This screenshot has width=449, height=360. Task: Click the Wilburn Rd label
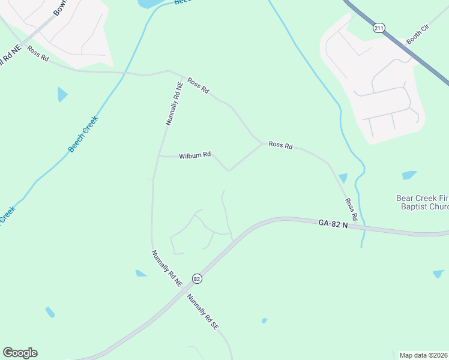coord(194,155)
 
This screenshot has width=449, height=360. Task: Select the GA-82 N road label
coord(334,223)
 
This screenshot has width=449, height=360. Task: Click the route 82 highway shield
coord(197,279)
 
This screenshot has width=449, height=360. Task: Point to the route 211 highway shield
coord(378,28)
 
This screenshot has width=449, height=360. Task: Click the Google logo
coord(20,353)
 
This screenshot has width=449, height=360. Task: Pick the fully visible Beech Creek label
coord(82,134)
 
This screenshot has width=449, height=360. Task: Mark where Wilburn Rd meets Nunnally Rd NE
coord(158,156)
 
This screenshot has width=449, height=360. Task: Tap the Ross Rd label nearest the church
coord(351,209)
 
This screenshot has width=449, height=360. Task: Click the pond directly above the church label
coord(409,175)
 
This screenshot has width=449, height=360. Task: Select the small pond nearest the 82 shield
coord(141,274)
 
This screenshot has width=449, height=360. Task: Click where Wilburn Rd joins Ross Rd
coord(262,143)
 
